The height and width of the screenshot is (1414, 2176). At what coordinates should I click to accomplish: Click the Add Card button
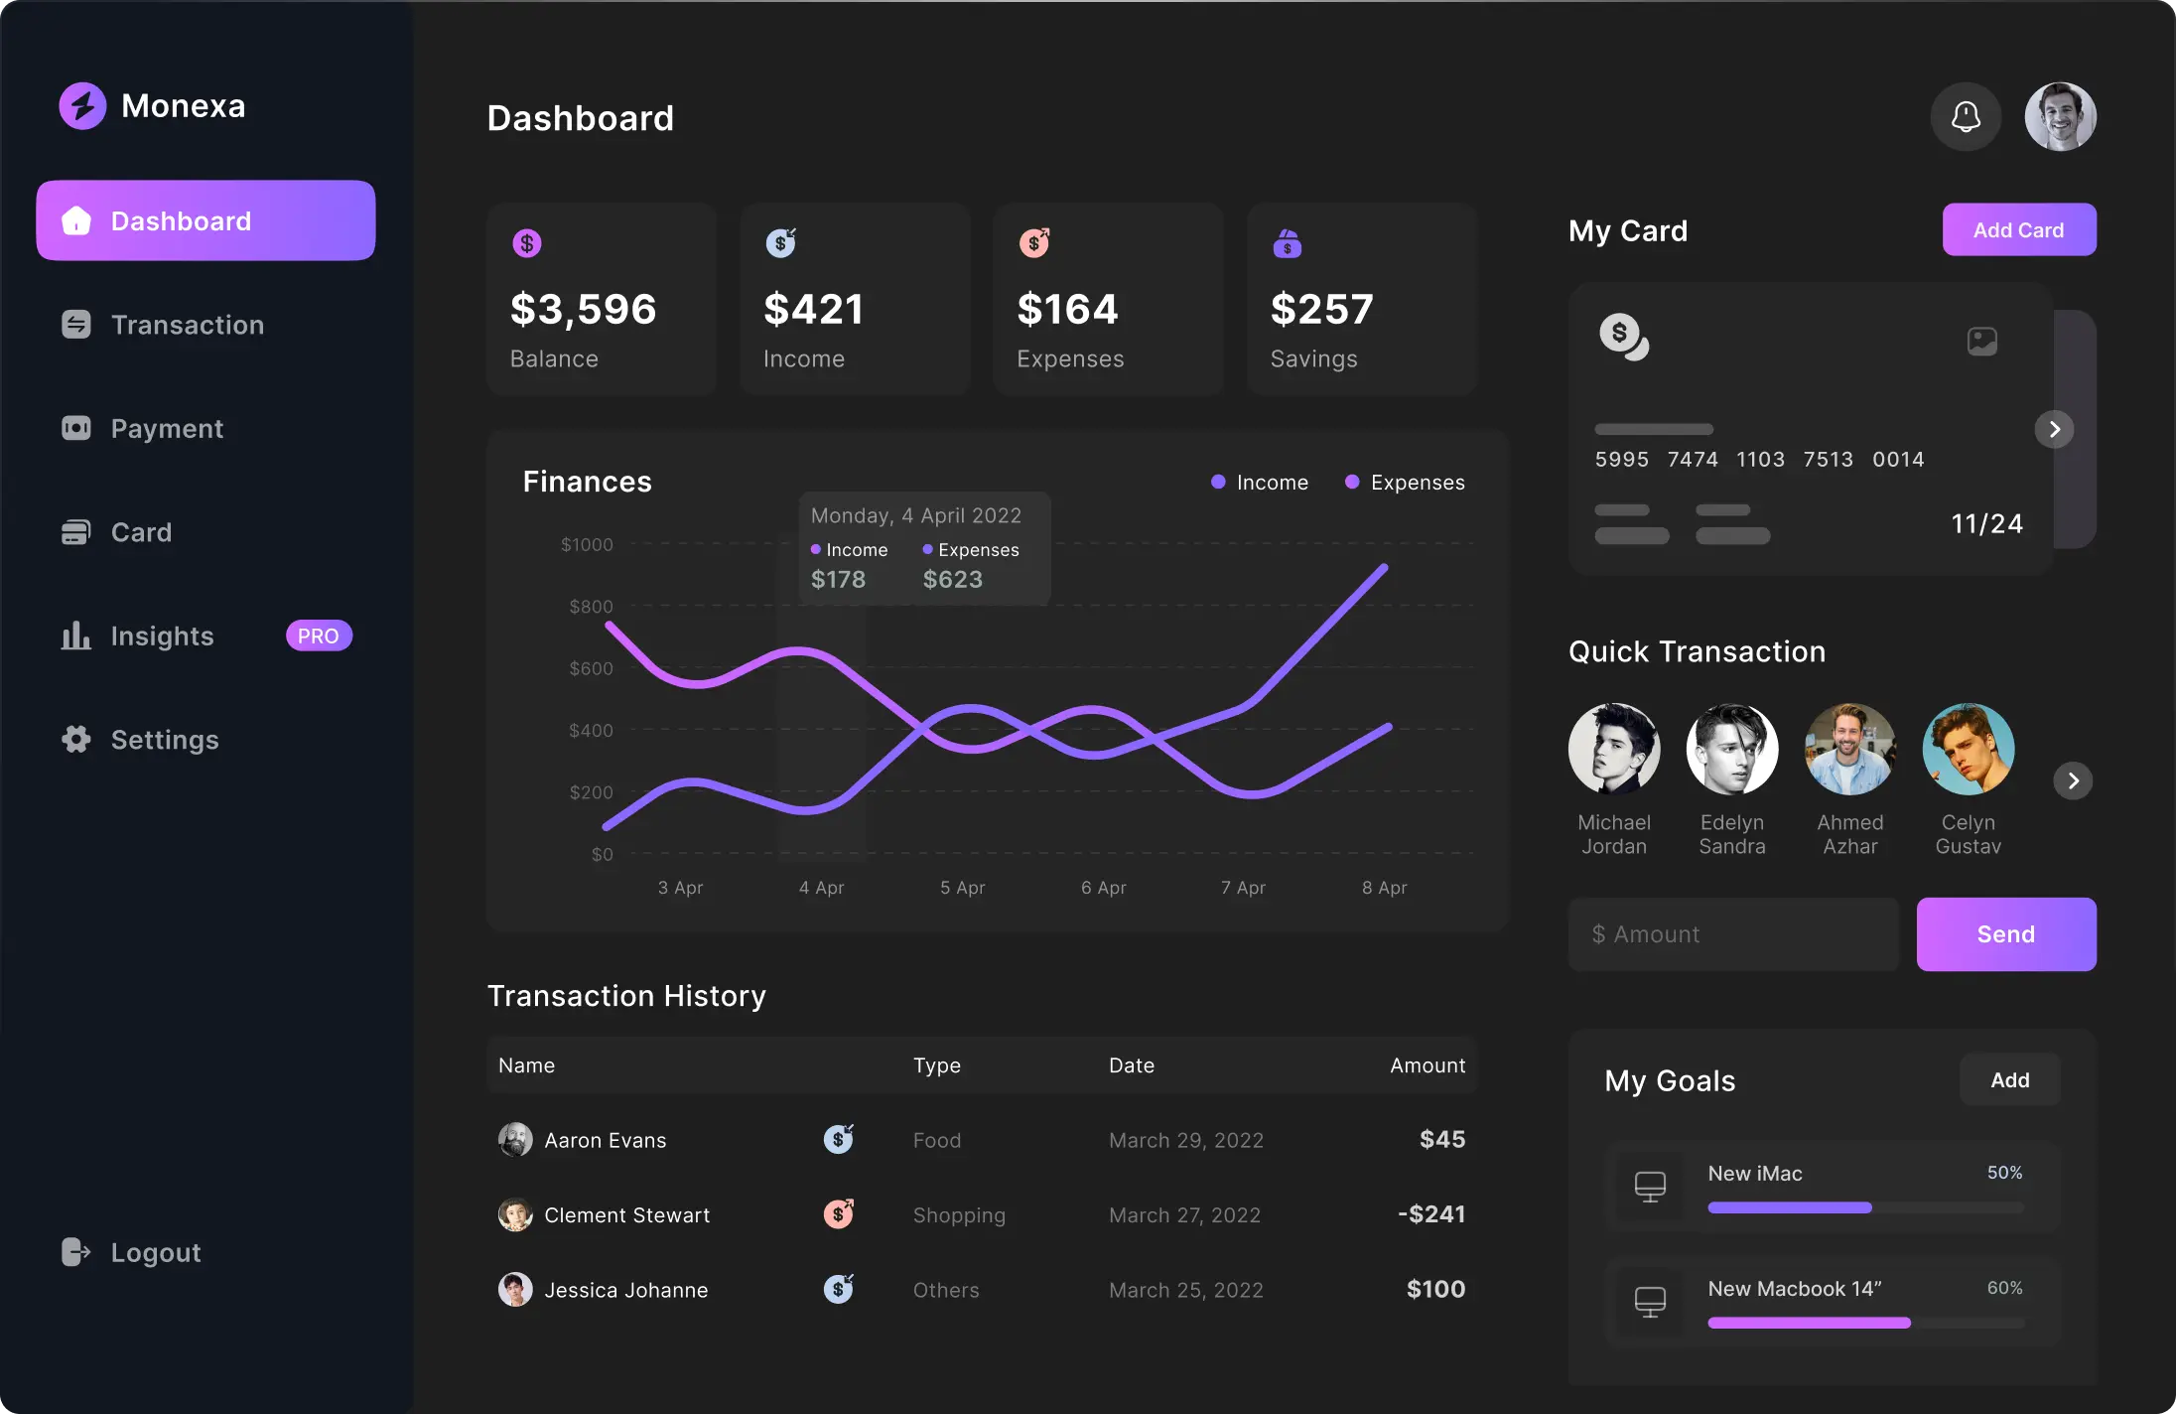point(2018,230)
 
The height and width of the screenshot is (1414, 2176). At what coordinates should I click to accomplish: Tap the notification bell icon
point(1965,117)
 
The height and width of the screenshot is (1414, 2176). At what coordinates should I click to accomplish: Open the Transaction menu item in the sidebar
point(187,325)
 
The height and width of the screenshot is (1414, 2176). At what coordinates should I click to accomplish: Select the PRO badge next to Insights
point(319,636)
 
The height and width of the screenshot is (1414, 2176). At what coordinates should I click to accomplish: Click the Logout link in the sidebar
point(155,1252)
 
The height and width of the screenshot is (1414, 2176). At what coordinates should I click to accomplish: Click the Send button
point(2005,934)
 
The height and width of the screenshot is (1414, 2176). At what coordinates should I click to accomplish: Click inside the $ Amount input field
point(1732,934)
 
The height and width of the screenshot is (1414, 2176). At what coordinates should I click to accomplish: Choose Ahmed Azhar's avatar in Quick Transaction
point(1849,750)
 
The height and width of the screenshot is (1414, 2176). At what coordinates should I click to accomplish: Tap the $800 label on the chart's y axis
point(591,606)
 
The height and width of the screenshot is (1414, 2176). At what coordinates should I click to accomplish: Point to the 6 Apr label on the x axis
point(1103,888)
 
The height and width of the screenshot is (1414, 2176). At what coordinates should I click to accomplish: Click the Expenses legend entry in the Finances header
point(1405,483)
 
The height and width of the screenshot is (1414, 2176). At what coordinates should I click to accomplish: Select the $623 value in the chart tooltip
point(952,579)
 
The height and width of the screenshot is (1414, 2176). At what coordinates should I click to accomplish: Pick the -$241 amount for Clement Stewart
point(1430,1213)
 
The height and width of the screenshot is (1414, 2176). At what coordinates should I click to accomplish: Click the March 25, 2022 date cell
point(1185,1290)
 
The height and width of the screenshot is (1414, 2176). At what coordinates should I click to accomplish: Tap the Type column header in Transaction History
point(936,1065)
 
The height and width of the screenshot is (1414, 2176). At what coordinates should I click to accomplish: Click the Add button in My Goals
point(2009,1080)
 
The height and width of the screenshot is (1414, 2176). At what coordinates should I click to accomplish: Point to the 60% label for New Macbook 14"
point(2004,1288)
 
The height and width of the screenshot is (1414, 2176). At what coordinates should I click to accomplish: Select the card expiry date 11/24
point(1986,523)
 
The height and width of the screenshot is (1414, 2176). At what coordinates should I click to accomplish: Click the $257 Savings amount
point(1321,309)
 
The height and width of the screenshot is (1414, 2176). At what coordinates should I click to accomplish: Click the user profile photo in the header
point(2060,117)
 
